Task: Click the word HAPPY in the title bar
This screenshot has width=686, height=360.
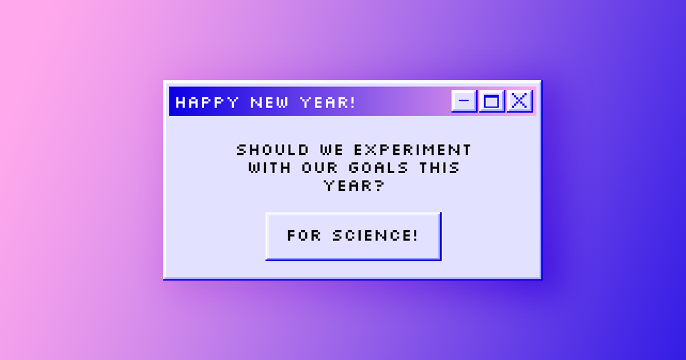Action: click(x=207, y=103)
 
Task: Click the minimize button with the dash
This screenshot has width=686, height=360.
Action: click(x=464, y=102)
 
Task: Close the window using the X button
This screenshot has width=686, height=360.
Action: click(x=519, y=102)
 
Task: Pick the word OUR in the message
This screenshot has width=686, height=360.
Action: click(x=318, y=169)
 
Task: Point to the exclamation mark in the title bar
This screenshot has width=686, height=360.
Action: click(x=352, y=103)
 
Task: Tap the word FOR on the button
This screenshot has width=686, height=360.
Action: click(x=304, y=235)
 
